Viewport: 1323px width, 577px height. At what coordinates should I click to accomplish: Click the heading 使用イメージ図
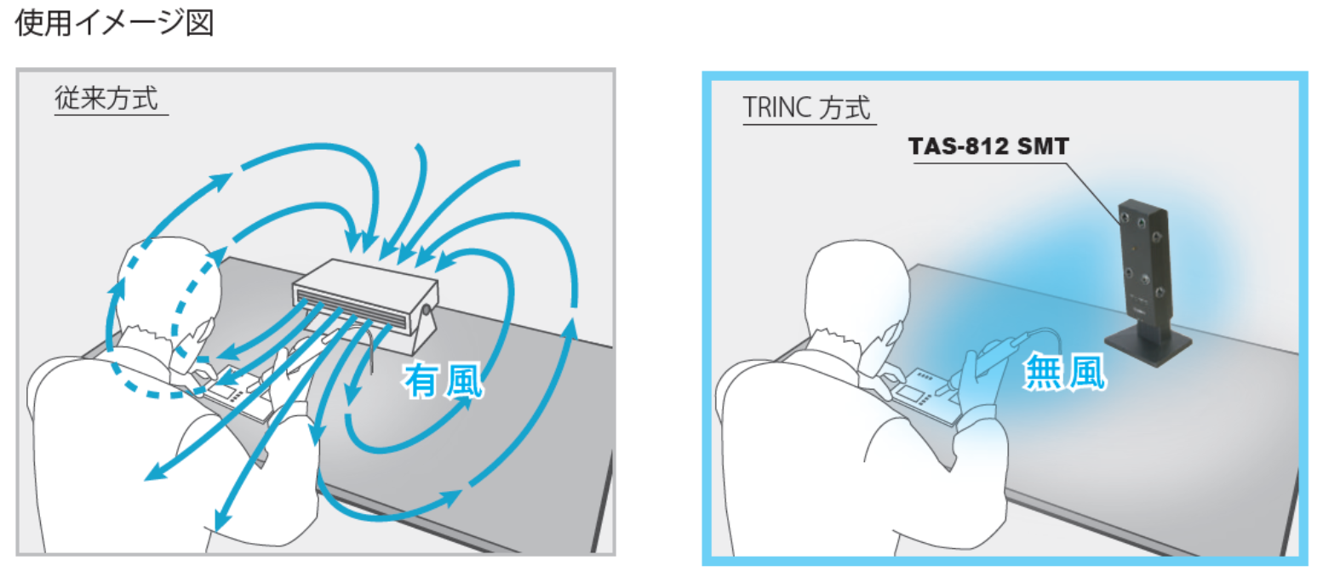114,23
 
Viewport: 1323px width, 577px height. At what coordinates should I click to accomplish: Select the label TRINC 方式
806,109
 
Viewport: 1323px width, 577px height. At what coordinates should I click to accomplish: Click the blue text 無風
1064,372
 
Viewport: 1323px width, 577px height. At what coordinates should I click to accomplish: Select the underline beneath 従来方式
111,114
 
